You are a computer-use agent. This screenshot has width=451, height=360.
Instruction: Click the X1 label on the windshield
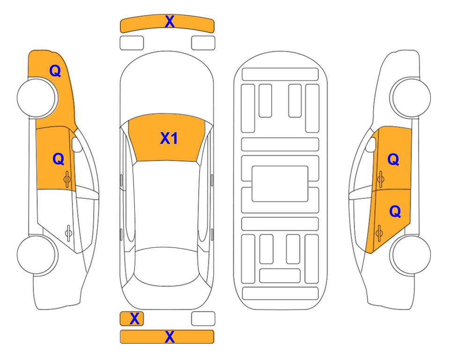tap(169, 138)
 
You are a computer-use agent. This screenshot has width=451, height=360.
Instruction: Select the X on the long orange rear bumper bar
tap(170, 337)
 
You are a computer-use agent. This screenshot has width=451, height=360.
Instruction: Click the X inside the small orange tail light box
tap(134, 319)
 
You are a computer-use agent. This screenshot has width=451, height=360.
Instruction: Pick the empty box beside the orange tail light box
tap(203, 319)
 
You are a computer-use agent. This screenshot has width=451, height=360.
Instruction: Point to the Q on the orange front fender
tap(55, 71)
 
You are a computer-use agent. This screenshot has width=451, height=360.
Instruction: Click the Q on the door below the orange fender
tap(59, 159)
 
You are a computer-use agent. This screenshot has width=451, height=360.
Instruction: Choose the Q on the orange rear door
tap(395, 212)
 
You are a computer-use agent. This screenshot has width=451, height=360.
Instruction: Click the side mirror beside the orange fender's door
tap(77, 144)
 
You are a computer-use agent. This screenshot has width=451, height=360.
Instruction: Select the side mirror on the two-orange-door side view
tap(371, 144)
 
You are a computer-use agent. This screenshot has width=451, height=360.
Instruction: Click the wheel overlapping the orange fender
tap(37, 97)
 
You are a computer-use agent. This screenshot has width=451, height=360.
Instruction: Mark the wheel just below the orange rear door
tap(410, 255)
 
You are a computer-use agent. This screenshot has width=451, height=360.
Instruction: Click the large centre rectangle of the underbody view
tap(280, 184)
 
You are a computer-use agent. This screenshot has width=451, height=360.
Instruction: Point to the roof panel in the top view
tap(166, 204)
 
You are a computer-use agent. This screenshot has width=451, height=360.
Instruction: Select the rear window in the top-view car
tap(166, 266)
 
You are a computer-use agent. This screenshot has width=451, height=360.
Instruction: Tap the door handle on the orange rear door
tap(379, 233)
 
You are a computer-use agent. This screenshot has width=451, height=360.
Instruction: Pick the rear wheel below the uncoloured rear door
tap(37, 255)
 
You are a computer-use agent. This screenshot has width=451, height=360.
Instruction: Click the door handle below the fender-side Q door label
tap(67, 179)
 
